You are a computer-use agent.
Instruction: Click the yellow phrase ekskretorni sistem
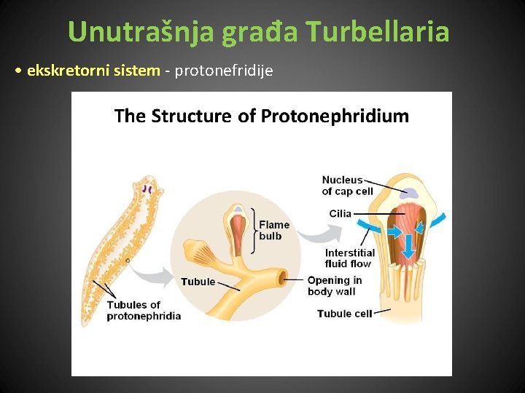pos(93,71)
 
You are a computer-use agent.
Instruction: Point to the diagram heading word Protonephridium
pos(335,116)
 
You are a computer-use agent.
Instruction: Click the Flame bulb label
pos(273,230)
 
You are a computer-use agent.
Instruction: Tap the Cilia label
pos(340,213)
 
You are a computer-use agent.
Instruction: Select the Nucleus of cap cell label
pos(347,186)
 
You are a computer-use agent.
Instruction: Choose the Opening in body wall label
pos(334,285)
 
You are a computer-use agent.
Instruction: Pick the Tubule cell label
pos(344,314)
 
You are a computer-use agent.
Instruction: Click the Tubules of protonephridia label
pos(144,310)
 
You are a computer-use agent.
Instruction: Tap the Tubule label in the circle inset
pos(198,282)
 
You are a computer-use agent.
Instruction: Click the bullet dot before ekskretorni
pos(17,71)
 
